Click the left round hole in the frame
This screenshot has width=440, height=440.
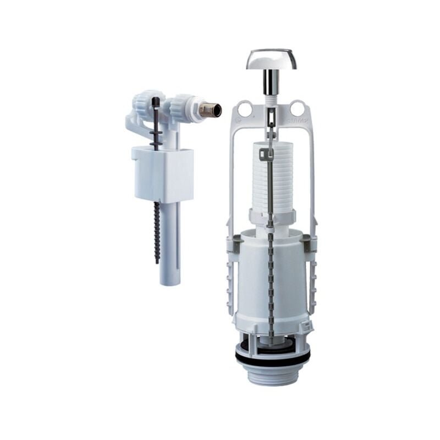[245, 109]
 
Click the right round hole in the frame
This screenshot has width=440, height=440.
[298, 109]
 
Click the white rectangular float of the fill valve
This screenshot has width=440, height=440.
[163, 173]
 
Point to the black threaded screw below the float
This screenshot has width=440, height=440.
[157, 231]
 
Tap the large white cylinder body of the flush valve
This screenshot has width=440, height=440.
[269, 280]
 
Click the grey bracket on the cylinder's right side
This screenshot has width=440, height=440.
[309, 243]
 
